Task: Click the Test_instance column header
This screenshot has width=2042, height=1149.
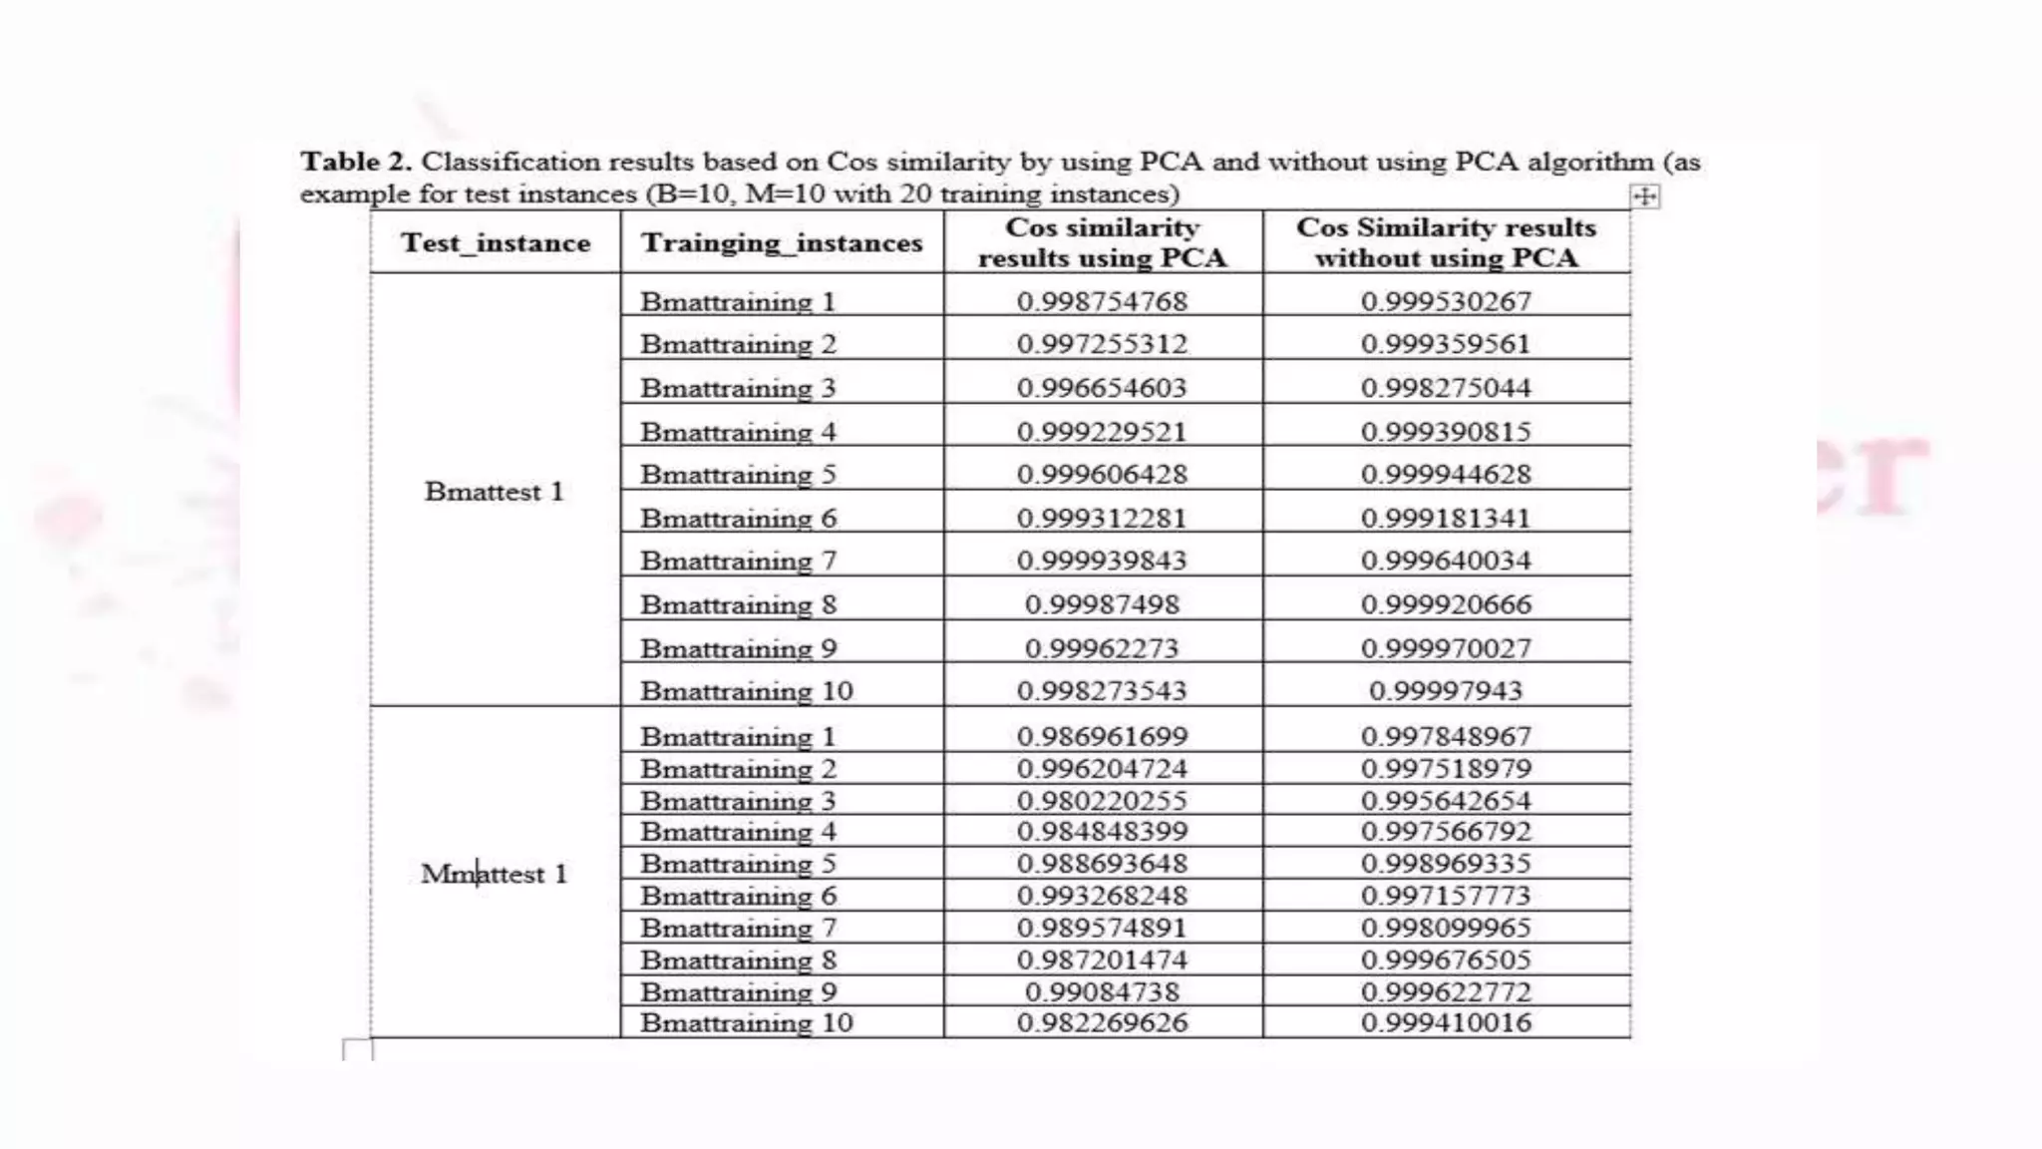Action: coord(496,242)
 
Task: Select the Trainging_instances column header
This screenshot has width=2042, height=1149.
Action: coord(782,242)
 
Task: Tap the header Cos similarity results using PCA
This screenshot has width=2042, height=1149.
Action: coord(1102,242)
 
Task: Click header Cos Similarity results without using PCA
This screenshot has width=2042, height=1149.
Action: coord(1446,242)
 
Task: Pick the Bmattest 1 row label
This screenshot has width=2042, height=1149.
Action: coord(495,491)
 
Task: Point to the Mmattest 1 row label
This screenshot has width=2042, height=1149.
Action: coord(495,874)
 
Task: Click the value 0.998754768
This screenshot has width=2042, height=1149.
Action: coord(1102,301)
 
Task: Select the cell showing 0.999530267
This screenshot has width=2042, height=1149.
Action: coord(1446,301)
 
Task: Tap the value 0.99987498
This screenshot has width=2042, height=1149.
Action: coord(1102,604)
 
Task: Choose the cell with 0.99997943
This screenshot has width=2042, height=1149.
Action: coord(1446,690)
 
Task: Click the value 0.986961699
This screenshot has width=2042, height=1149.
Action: coord(1102,736)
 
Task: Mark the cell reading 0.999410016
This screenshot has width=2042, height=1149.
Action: coord(1446,1022)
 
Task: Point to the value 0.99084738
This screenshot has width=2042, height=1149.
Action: coord(1102,991)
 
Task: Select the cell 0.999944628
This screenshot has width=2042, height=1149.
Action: coord(1446,474)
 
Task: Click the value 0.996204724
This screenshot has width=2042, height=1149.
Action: coord(1102,768)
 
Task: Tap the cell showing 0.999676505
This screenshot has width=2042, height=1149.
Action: coord(1446,959)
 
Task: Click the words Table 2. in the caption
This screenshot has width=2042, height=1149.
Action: coord(356,162)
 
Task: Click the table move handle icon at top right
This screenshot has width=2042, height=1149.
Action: coord(1645,196)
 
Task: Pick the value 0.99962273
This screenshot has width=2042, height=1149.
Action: coord(1102,648)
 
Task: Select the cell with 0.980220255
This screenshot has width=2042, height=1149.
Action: coord(1102,800)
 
